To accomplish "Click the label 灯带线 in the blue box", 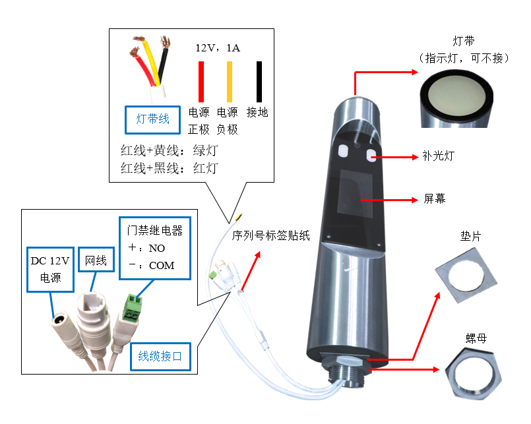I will pyautogui.click(x=153, y=119).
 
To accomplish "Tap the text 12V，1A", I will pyautogui.click(x=218, y=48).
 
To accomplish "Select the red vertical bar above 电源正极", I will pyautogui.click(x=202, y=81).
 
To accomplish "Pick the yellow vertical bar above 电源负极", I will pyautogui.click(x=230, y=81).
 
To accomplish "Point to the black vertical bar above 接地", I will pyautogui.click(x=259, y=81).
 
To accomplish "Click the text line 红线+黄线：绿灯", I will pyautogui.click(x=169, y=150).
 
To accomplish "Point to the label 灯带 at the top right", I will pyautogui.click(x=464, y=43).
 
